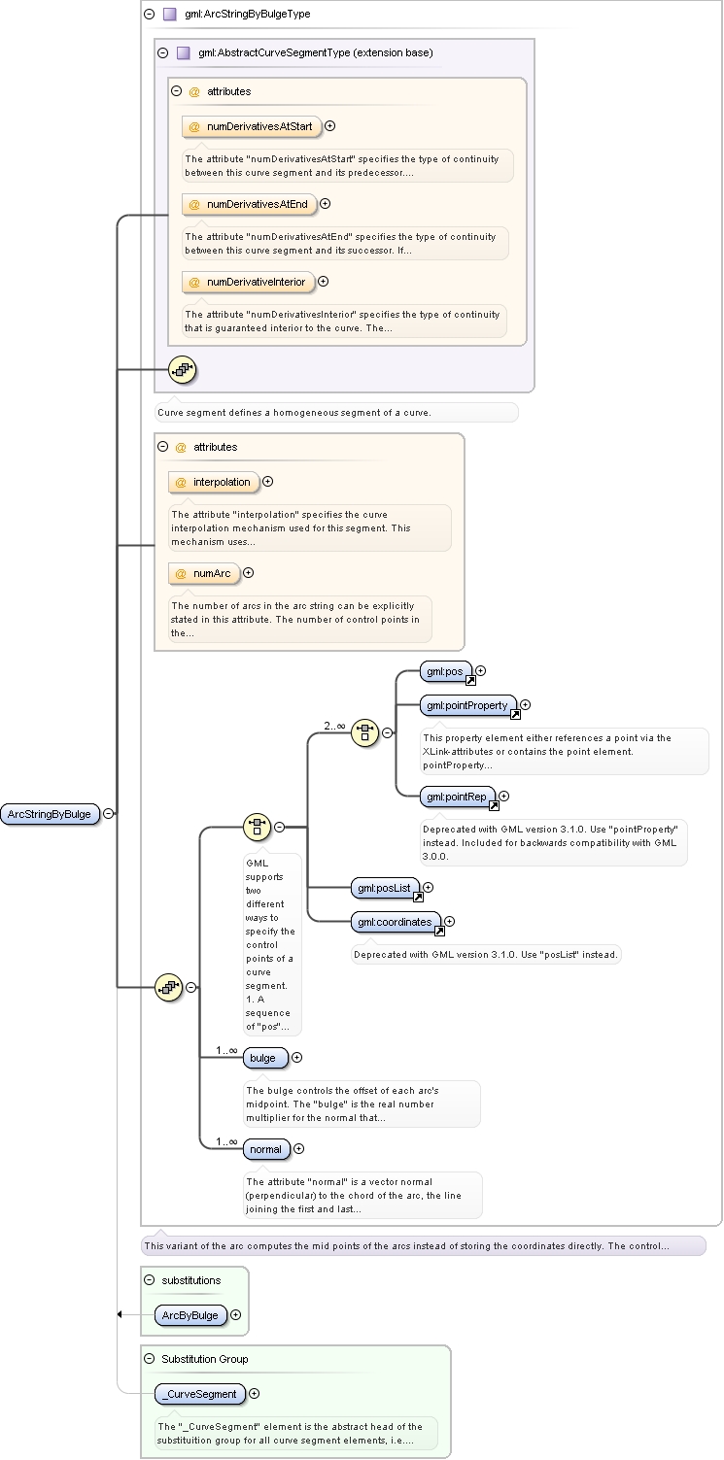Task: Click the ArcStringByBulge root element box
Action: [x=51, y=814]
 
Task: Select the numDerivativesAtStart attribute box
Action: [x=252, y=126]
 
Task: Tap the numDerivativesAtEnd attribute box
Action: [x=249, y=204]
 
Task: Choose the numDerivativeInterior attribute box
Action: [x=249, y=282]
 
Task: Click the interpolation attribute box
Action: [x=214, y=483]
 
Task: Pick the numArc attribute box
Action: [x=204, y=573]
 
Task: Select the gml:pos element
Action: [x=446, y=671]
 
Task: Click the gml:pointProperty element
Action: [x=468, y=705]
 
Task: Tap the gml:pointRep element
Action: [x=458, y=797]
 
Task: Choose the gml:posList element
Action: [x=386, y=888]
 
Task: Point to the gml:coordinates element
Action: [x=396, y=922]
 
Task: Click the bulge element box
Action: [x=264, y=1058]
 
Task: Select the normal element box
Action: [x=266, y=1149]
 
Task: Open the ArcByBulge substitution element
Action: [x=190, y=1315]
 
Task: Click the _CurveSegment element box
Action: [x=200, y=1394]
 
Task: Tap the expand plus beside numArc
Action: [x=249, y=573]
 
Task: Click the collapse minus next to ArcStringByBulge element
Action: [x=109, y=813]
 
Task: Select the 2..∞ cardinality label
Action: [x=334, y=726]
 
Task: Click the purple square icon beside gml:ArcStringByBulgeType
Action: [x=170, y=14]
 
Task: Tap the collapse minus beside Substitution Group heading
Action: [x=150, y=1359]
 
